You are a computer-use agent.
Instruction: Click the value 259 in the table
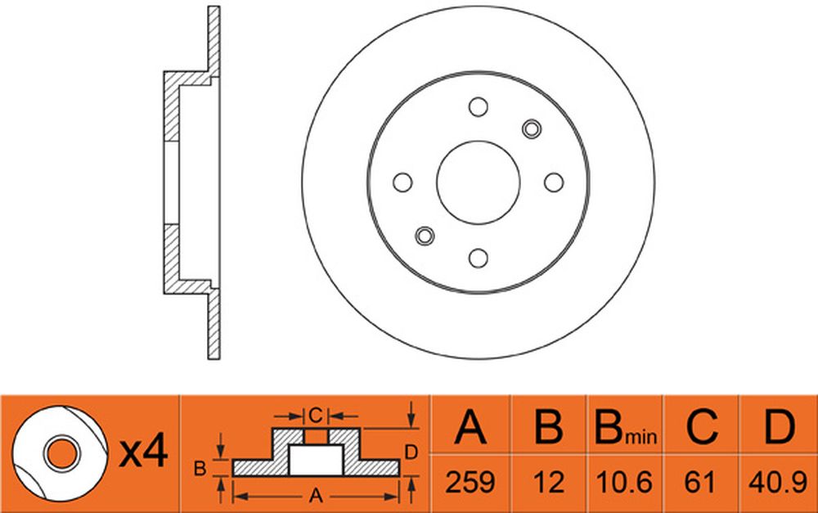coord(470,482)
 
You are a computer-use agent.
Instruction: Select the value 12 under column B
coord(550,482)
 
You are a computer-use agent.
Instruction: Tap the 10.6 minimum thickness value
coord(624,482)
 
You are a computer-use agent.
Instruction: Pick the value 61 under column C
coord(699,482)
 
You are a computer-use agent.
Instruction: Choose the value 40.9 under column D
coord(778,482)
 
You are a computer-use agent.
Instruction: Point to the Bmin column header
coord(626,426)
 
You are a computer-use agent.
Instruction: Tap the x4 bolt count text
coord(143,452)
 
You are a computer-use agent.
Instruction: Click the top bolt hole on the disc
coord(478,107)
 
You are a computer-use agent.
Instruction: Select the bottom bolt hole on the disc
coord(478,259)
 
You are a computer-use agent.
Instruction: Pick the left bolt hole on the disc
coord(402,182)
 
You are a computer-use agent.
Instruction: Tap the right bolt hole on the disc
coord(554,182)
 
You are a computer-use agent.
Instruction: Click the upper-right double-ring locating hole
coord(532,129)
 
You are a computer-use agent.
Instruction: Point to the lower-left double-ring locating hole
coord(425,236)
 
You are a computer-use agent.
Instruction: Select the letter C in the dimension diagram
coord(316,416)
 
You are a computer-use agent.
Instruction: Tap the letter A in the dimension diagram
coord(316,496)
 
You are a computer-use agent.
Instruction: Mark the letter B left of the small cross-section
coord(200,469)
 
